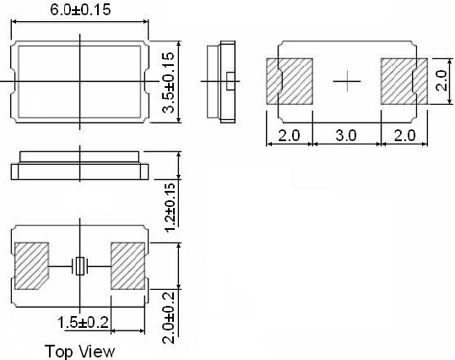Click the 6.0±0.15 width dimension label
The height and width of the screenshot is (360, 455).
(x=81, y=11)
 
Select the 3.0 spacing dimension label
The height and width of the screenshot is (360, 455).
(x=346, y=134)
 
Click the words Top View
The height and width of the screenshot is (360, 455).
(x=80, y=350)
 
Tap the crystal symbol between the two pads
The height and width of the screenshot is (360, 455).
(x=80, y=266)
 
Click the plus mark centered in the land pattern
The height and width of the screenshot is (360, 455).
(x=346, y=80)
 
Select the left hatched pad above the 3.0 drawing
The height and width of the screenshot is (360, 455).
(x=290, y=80)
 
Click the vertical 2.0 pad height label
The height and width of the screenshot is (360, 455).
(x=440, y=81)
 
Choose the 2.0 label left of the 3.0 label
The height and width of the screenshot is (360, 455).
(x=290, y=134)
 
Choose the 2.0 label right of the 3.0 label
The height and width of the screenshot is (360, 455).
(x=403, y=134)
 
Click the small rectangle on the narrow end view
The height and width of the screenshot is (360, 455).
(x=230, y=80)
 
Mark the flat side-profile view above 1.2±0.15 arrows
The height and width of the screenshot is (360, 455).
(x=80, y=166)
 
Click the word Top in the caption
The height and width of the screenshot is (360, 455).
(x=61, y=350)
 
